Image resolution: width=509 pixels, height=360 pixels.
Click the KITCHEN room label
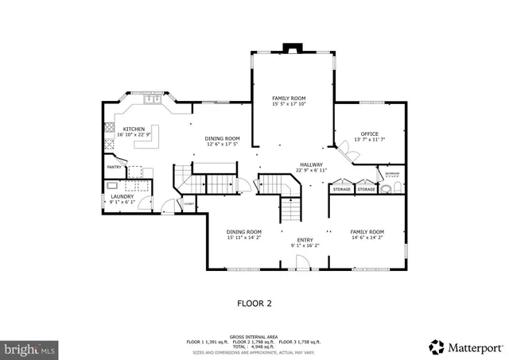tap(134, 128)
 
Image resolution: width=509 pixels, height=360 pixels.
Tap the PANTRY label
tap(114, 167)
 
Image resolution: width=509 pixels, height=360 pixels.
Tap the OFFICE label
tap(369, 134)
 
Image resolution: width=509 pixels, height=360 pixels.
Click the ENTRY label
tap(305, 239)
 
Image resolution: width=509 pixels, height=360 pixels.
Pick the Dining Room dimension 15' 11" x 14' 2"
tap(243, 237)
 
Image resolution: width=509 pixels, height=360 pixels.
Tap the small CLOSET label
tap(189, 204)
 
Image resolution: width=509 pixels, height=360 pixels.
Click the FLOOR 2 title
tap(254, 303)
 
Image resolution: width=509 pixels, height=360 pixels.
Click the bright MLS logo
tap(29, 348)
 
